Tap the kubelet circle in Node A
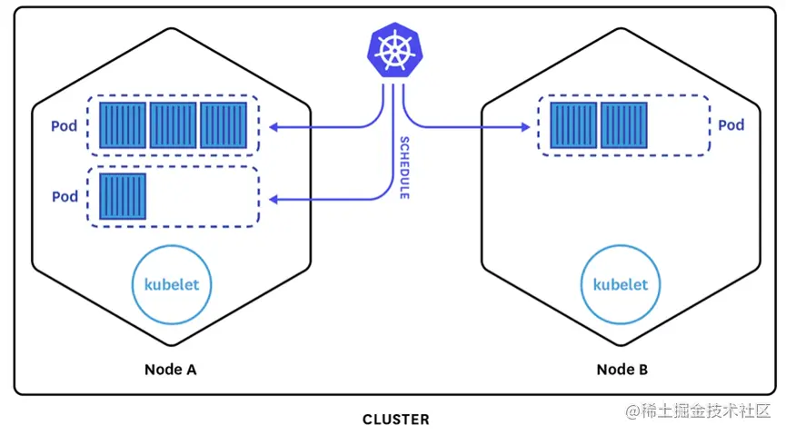tap(172, 284)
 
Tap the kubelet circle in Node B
tap(621, 284)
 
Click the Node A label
tap(171, 370)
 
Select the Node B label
tap(622, 370)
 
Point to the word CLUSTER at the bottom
tap(395, 420)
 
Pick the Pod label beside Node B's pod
tap(731, 124)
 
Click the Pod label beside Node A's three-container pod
tap(65, 124)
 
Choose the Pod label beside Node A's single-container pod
tap(65, 196)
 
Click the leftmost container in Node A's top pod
tap(122, 125)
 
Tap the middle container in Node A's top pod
tap(173, 125)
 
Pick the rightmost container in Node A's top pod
tap(224, 125)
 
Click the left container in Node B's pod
tap(573, 125)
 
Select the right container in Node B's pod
tap(624, 125)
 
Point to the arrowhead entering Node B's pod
tap(525, 126)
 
